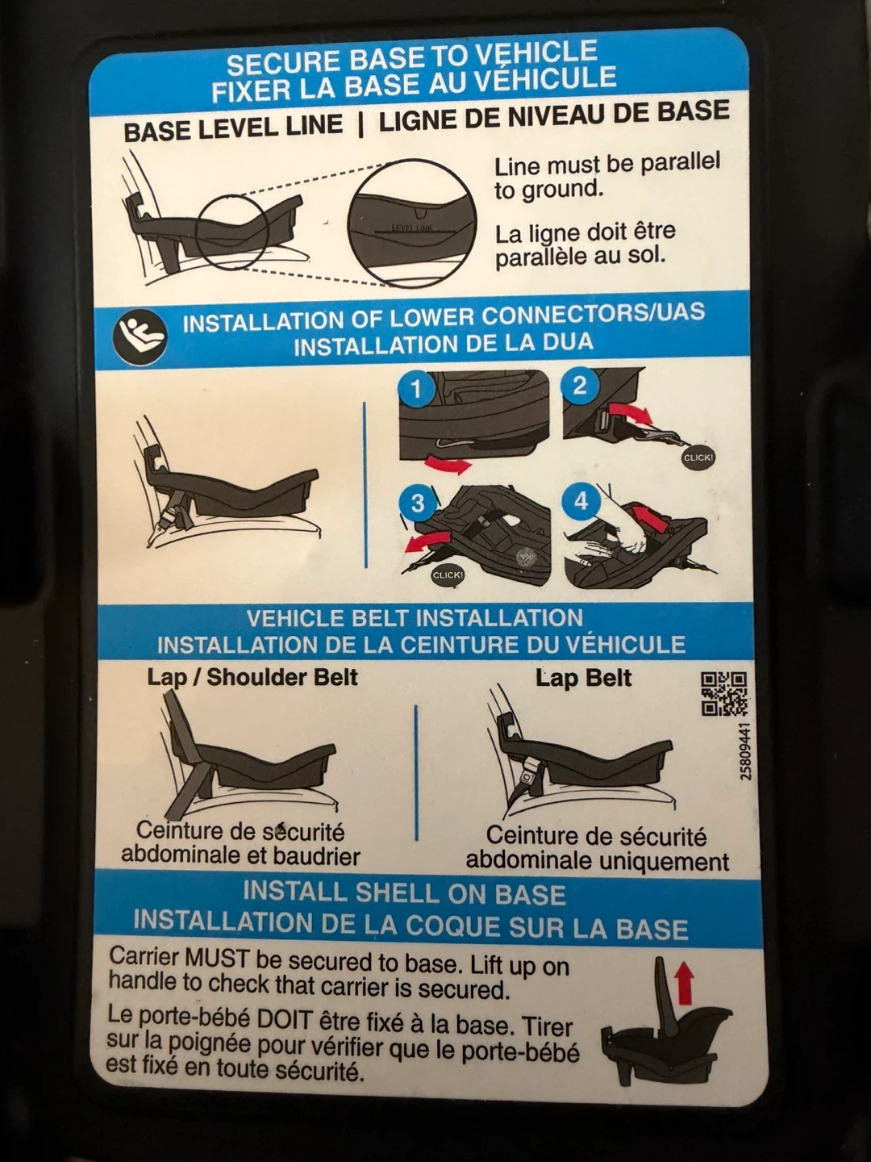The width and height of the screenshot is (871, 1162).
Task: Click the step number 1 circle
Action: (417, 390)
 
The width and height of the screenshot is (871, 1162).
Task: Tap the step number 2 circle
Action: (579, 386)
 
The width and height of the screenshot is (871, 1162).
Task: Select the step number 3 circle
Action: (418, 503)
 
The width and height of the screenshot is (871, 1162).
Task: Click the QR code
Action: (724, 693)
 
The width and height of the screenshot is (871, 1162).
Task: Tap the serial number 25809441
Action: (745, 751)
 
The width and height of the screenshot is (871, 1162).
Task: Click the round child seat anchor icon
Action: (140, 338)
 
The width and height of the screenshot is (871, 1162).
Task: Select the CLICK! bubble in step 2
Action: (698, 458)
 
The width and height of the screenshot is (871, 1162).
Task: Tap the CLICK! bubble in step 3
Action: (448, 575)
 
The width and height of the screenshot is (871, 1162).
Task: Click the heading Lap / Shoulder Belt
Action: (252, 678)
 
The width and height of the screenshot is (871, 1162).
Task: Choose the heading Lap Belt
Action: (583, 679)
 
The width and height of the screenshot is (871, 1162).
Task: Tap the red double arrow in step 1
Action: (448, 464)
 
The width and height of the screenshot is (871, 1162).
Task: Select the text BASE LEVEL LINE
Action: (233, 127)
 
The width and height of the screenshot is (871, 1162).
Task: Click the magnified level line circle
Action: (412, 224)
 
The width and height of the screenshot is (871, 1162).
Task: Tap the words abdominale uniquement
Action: (598, 861)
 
